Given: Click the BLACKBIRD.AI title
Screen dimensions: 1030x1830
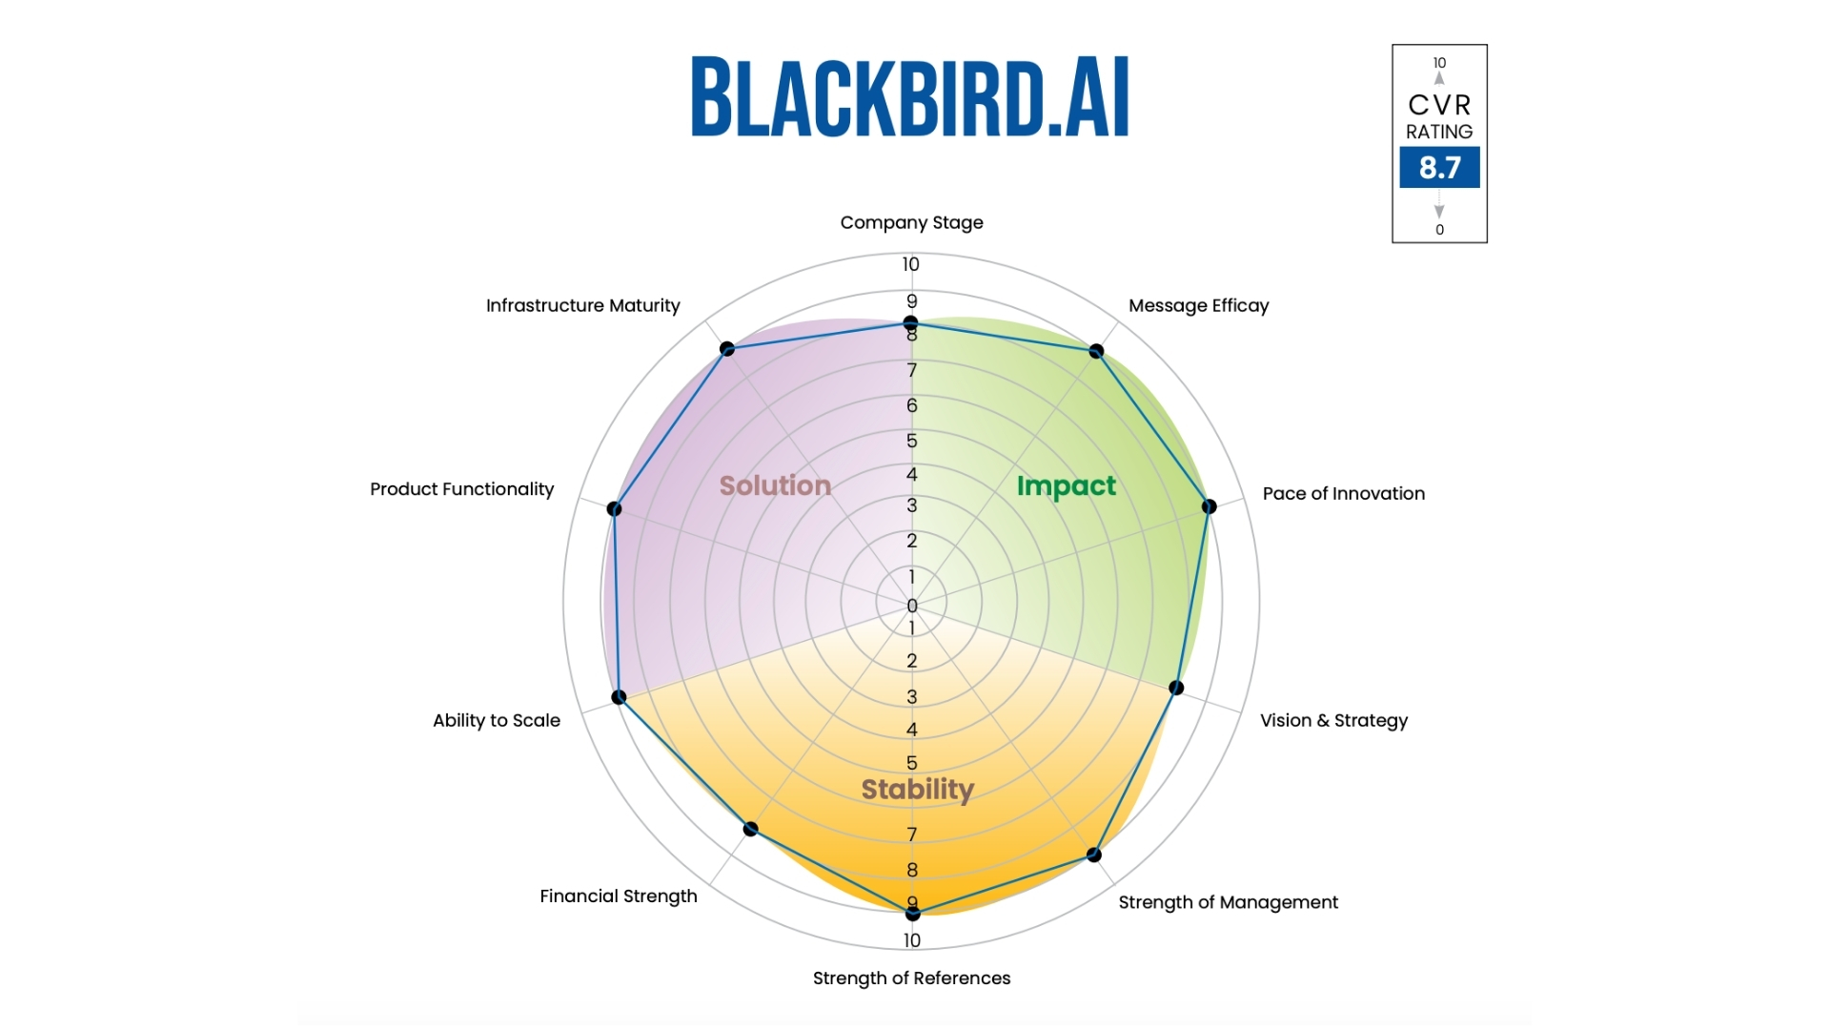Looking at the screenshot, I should click(x=910, y=97).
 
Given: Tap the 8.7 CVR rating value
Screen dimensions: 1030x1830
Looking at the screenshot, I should click(x=1439, y=168).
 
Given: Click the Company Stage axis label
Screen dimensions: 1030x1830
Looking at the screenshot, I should click(x=911, y=222).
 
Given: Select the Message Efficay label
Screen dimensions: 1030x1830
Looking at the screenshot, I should click(x=1198, y=305).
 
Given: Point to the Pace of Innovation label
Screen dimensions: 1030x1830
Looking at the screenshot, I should click(x=1343, y=493).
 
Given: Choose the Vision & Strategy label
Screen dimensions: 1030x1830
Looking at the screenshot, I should click(x=1333, y=720).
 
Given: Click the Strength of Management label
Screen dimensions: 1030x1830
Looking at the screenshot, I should click(x=1228, y=902).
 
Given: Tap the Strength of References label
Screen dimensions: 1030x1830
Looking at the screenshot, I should click(x=911, y=978).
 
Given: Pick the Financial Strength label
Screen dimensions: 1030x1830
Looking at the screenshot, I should click(x=619, y=896).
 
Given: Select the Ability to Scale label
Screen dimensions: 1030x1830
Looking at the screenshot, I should click(x=497, y=720).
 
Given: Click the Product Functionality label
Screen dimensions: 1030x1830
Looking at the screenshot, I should click(x=461, y=489).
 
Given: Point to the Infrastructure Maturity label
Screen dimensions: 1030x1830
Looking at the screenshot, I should click(x=583, y=305).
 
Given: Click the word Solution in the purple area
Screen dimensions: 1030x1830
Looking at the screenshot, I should click(x=775, y=485).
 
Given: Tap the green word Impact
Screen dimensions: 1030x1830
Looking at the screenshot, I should click(x=1066, y=485).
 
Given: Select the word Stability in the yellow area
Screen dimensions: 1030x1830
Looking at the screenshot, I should click(x=917, y=790).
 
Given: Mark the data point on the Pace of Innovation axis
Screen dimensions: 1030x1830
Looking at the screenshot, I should click(x=1209, y=506).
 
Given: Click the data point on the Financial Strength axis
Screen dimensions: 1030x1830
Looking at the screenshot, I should click(x=751, y=829).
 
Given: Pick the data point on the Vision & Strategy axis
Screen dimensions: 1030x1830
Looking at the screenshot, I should click(x=1176, y=688).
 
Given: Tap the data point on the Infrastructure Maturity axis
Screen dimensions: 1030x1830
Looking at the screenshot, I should click(x=727, y=348).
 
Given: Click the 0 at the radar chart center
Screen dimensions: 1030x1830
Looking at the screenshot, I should click(x=912, y=606).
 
